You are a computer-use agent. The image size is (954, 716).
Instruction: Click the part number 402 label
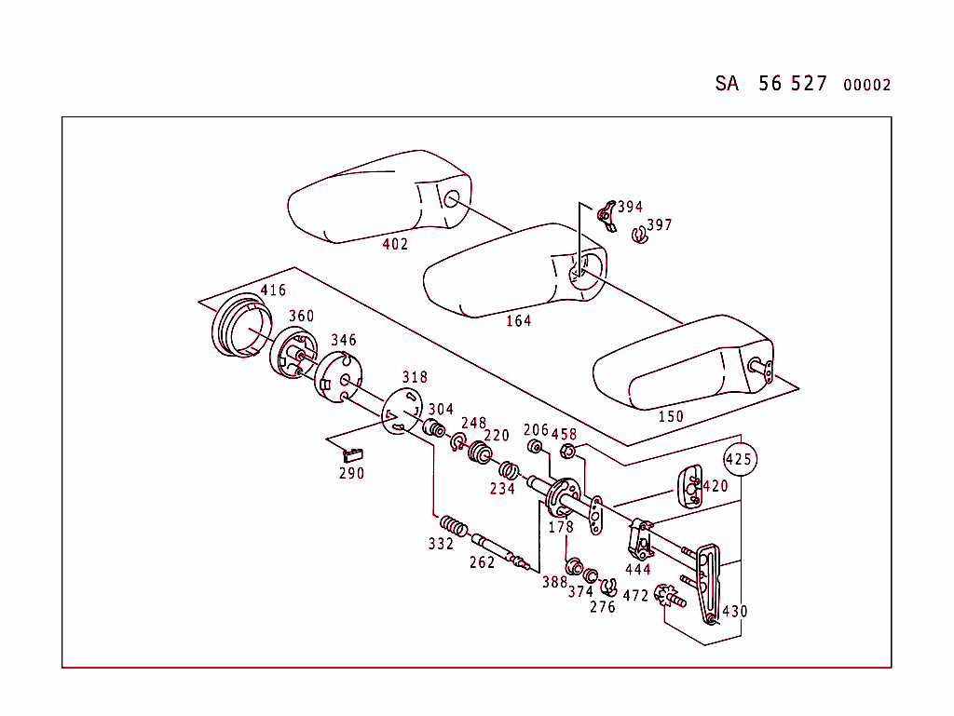(395, 245)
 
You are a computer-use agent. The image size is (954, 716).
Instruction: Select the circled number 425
(740, 459)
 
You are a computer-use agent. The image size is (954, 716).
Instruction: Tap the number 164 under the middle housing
(518, 321)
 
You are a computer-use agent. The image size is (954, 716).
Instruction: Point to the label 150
(671, 416)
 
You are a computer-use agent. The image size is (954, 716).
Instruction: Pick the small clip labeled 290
(352, 454)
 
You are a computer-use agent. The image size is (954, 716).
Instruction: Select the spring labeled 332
(453, 526)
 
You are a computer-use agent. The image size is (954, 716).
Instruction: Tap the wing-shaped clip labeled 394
(606, 214)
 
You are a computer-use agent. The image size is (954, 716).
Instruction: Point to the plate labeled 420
(690, 485)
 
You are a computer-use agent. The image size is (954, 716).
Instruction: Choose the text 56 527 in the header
(792, 84)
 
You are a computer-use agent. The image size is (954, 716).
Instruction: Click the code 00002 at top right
(866, 86)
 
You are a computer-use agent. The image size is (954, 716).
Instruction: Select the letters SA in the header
(727, 84)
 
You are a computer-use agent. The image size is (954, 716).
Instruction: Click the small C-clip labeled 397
(639, 236)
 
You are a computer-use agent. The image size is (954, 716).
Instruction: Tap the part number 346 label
(343, 341)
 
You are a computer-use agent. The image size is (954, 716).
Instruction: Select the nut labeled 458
(566, 453)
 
